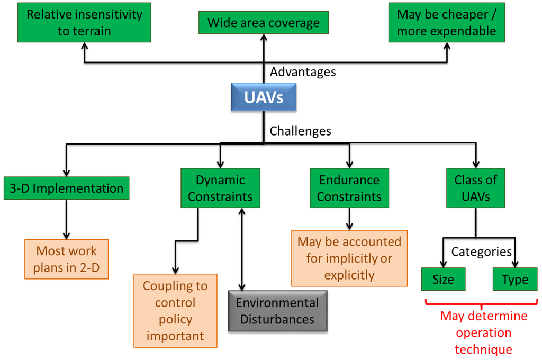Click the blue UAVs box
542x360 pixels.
[263, 97]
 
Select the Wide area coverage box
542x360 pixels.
[263, 23]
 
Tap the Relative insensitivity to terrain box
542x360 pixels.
[84, 22]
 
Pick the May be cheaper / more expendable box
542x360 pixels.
[446, 22]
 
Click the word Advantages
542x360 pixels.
[303, 71]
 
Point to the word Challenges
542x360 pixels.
[301, 131]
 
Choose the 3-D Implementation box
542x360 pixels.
[66, 188]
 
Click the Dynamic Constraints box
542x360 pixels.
[220, 188]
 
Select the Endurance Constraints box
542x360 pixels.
[349, 188]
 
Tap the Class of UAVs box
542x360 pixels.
[475, 188]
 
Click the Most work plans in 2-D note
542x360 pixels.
[66, 259]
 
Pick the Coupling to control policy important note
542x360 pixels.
[175, 310]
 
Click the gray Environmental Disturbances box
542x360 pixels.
[277, 311]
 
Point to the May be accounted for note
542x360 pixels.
[349, 258]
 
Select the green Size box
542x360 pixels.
[443, 279]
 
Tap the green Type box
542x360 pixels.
[515, 279]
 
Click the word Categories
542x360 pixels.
[481, 251]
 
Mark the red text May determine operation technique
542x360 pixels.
[484, 332]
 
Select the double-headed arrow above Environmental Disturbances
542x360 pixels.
[242, 249]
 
